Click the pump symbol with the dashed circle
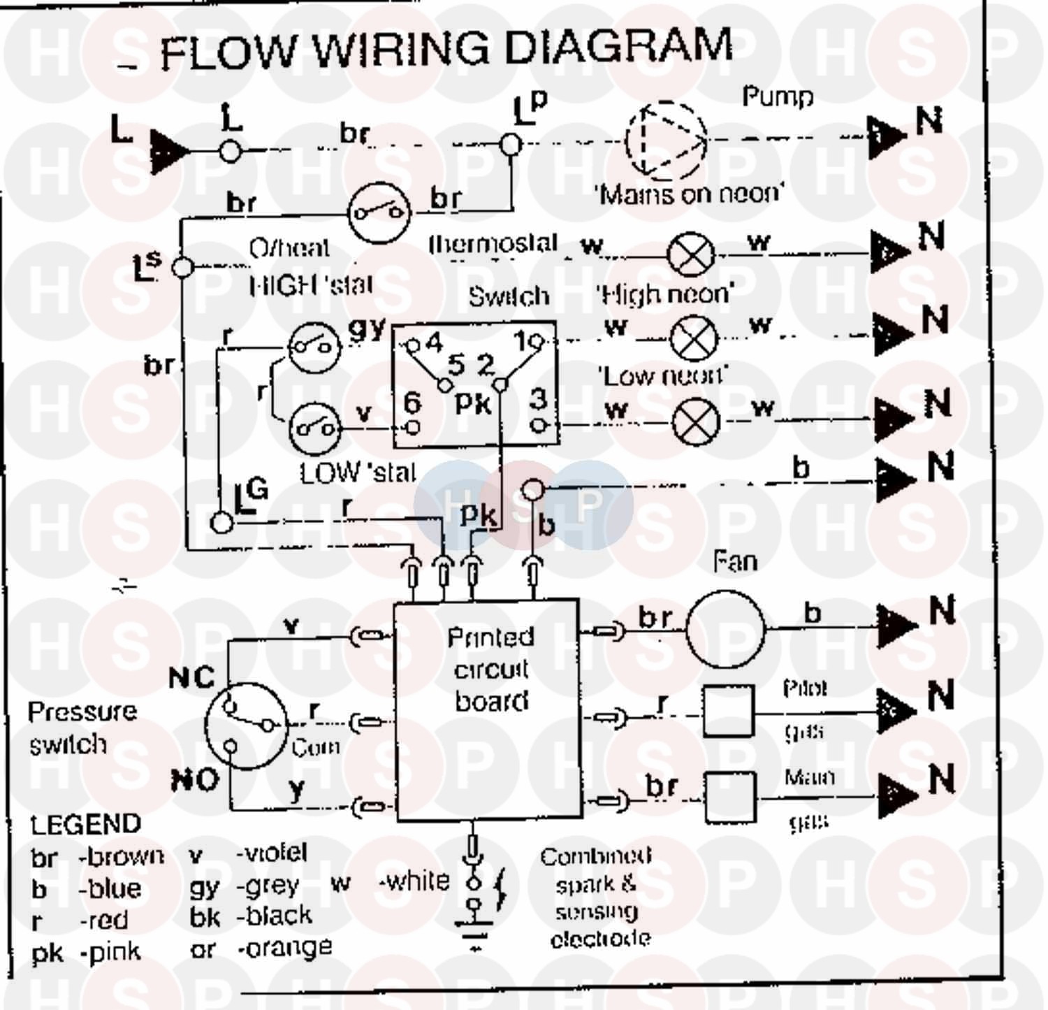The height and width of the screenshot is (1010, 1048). (x=667, y=140)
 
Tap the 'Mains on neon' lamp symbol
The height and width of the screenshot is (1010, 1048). (x=691, y=254)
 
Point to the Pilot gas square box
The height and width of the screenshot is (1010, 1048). (x=728, y=711)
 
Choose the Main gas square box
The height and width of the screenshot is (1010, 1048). (x=729, y=797)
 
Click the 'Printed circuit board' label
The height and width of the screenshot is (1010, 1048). (x=490, y=670)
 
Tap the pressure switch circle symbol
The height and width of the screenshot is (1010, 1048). (x=246, y=726)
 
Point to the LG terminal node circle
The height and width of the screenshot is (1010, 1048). (x=221, y=522)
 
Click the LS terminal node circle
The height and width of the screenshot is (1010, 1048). (x=182, y=267)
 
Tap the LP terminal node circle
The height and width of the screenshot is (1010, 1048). (x=511, y=145)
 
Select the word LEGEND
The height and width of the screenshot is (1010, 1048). (x=85, y=825)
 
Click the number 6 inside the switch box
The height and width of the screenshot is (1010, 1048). (x=412, y=403)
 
